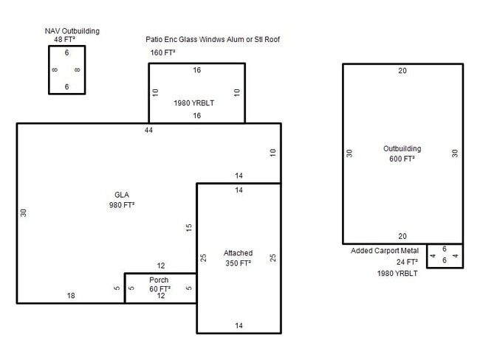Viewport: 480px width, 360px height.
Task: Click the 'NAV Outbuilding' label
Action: (x=72, y=31)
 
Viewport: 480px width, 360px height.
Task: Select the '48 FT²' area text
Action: (x=66, y=40)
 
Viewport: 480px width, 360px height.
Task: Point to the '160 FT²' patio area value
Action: (x=163, y=53)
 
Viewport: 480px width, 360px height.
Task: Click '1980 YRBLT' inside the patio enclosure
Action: (x=193, y=103)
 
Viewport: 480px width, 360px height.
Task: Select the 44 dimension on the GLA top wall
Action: (x=150, y=130)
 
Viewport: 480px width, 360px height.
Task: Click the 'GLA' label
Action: (x=122, y=195)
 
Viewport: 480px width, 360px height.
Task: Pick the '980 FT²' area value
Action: (x=122, y=205)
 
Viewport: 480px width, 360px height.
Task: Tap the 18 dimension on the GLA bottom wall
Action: (x=71, y=296)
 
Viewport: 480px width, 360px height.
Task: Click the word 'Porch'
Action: (x=160, y=280)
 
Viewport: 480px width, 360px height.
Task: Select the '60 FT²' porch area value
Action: (x=160, y=288)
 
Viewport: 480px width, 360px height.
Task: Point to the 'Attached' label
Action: (x=238, y=253)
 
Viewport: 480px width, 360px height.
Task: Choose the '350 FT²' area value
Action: (x=238, y=263)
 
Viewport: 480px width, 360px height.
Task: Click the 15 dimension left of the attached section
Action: (x=189, y=228)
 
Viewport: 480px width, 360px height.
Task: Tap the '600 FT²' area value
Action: (x=402, y=159)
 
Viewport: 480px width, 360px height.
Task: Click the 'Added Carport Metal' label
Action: (x=384, y=251)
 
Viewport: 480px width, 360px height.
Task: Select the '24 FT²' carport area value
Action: (x=407, y=262)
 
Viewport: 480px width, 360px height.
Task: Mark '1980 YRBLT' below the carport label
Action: (x=397, y=274)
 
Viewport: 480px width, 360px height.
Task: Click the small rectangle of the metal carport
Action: (x=445, y=255)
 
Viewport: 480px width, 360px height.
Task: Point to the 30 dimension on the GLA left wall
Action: (x=24, y=212)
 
